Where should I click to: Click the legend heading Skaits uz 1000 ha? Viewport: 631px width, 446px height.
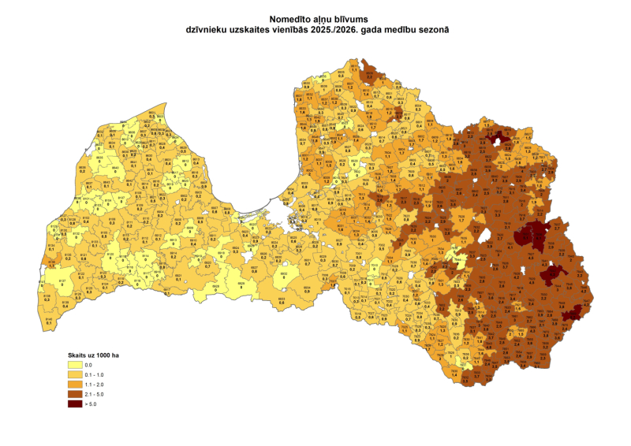click(x=91, y=355)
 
